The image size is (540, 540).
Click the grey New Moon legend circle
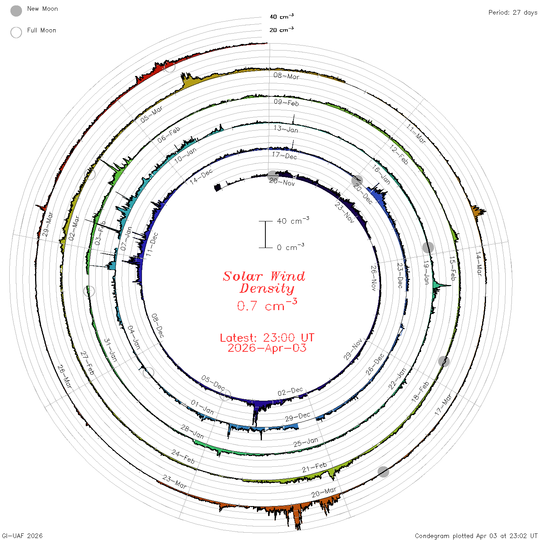[16, 11]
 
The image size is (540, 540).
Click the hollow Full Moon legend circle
[16, 32]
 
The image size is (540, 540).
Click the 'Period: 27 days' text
[513, 13]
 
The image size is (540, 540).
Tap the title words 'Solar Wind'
[264, 276]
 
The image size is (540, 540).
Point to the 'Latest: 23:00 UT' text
[267, 337]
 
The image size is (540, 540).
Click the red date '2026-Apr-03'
[267, 348]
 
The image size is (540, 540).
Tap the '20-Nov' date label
[282, 182]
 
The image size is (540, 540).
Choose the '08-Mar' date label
[287, 76]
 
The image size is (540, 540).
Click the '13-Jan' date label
[286, 129]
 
